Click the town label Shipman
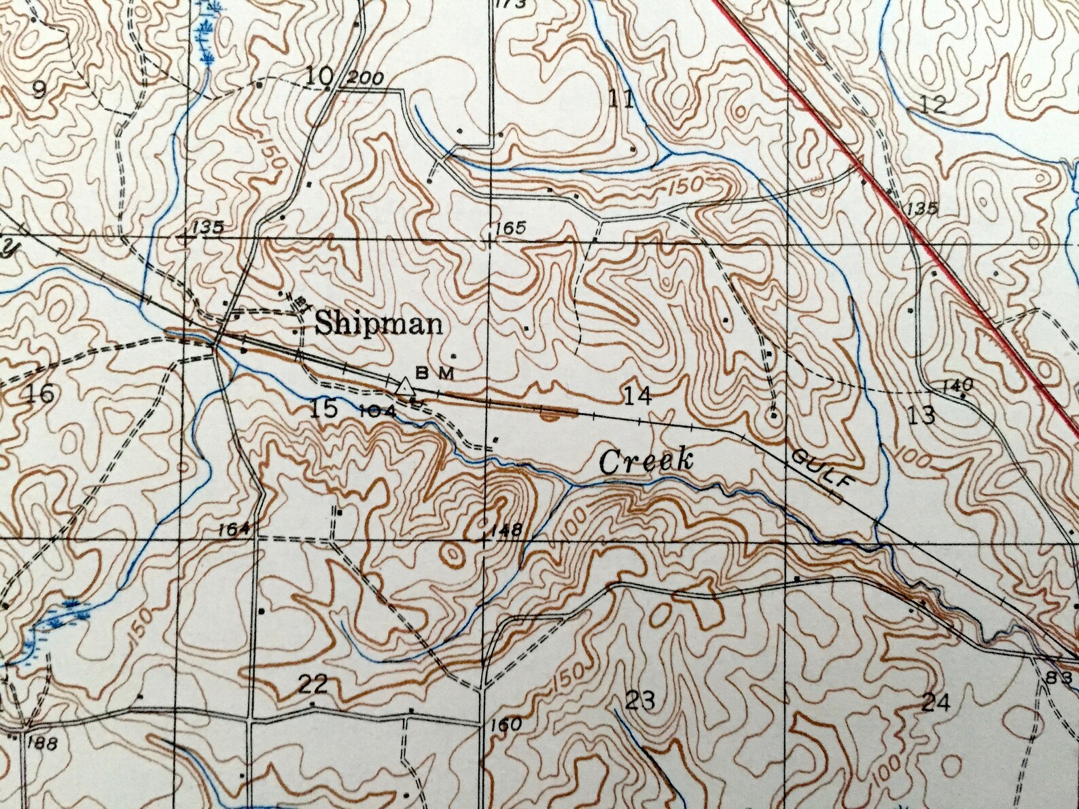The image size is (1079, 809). [x=378, y=324]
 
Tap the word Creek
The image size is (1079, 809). [x=645, y=462]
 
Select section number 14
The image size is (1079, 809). [x=637, y=395]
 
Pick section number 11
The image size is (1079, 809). [x=621, y=100]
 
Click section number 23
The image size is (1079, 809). [x=639, y=700]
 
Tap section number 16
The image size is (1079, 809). [x=40, y=393]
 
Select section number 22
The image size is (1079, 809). [x=313, y=684]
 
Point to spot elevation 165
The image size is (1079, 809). [x=510, y=228]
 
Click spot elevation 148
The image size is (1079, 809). [x=509, y=529]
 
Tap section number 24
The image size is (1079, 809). [x=936, y=702]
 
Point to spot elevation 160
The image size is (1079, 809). [x=506, y=725]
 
